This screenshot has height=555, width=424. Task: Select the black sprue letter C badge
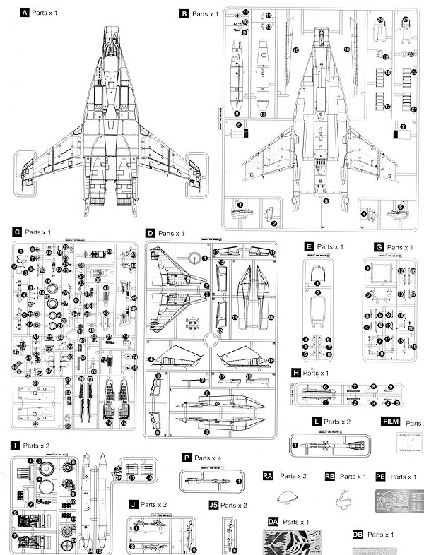click(16, 232)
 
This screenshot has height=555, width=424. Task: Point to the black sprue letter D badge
click(150, 233)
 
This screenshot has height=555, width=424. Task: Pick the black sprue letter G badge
click(379, 247)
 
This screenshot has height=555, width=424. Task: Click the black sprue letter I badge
click(15, 446)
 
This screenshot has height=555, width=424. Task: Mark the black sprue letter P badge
click(186, 458)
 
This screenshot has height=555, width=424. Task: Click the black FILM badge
click(389, 422)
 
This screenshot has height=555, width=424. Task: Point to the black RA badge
click(269, 476)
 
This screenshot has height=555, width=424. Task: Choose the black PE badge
click(382, 476)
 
